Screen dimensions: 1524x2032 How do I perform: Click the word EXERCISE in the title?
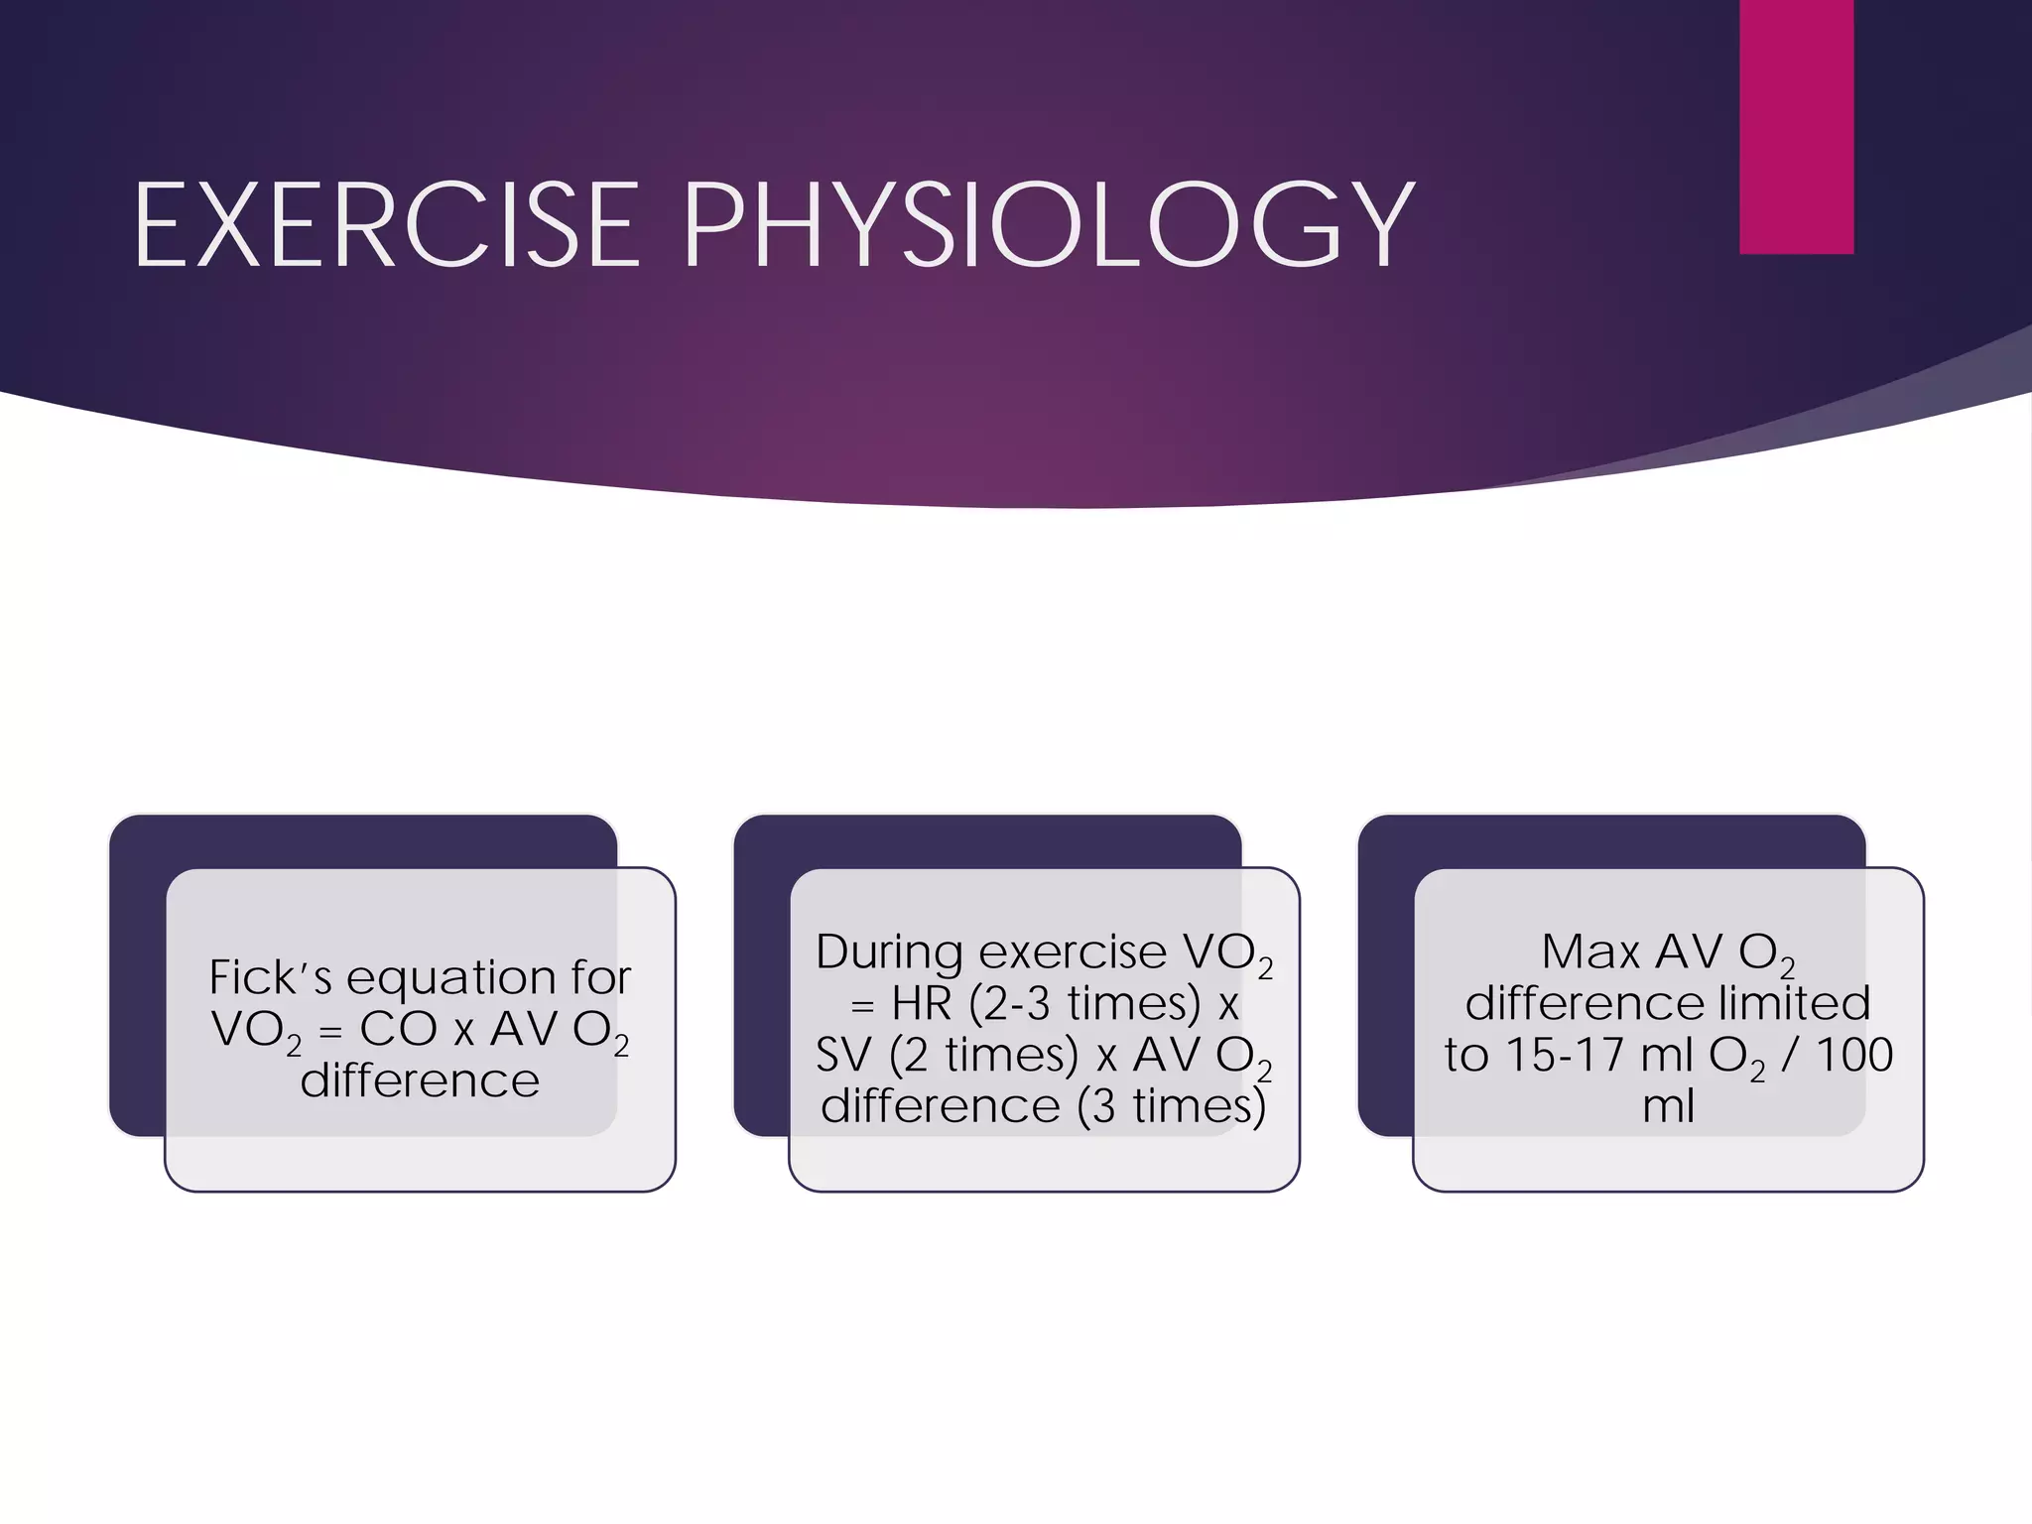(x=387, y=226)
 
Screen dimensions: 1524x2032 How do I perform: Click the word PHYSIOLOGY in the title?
(x=1048, y=226)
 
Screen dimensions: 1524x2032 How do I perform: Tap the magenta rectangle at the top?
(x=1796, y=126)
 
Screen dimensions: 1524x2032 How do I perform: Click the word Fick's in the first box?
(x=270, y=978)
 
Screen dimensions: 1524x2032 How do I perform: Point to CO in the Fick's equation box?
(x=398, y=1029)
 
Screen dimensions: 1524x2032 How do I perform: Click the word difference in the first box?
(x=420, y=1080)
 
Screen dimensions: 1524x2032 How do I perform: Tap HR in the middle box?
(x=922, y=1004)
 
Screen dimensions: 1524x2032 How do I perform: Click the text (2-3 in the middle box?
(x=1009, y=1004)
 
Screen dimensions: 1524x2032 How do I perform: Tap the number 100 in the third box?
(x=1854, y=1056)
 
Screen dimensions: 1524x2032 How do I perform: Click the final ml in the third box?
(x=1668, y=1107)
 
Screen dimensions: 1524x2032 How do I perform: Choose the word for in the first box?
(x=600, y=978)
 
